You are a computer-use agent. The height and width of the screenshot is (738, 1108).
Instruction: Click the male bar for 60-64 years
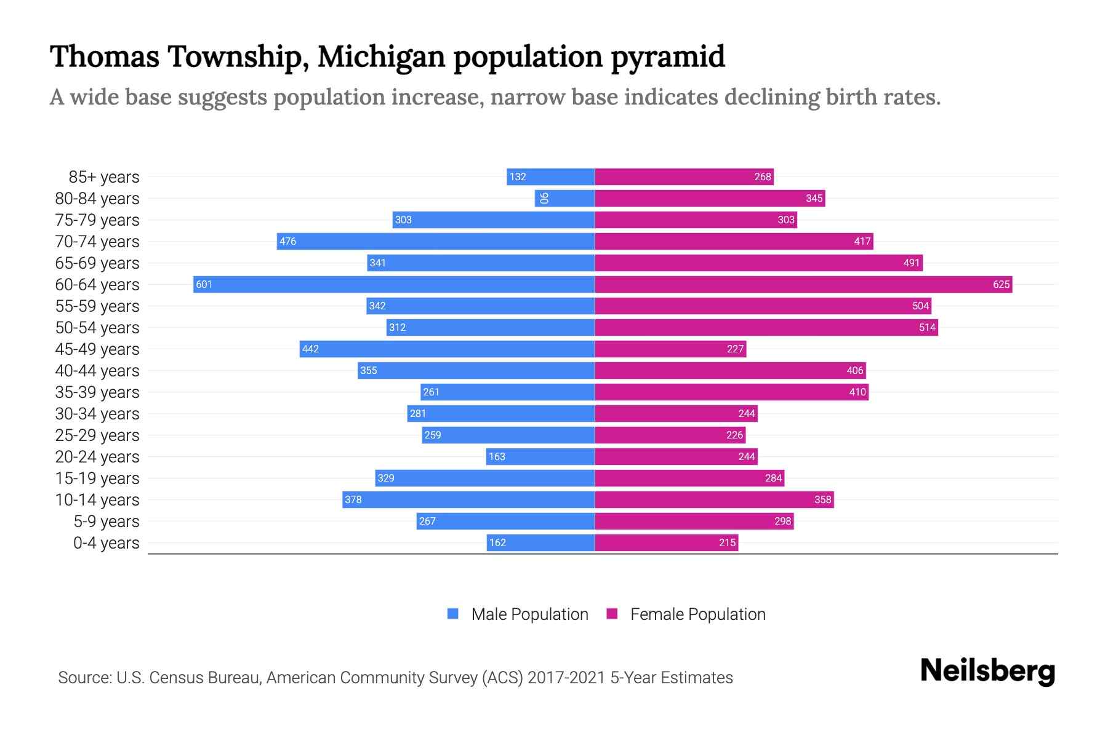click(x=394, y=284)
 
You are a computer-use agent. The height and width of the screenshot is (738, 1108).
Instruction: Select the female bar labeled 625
click(x=803, y=284)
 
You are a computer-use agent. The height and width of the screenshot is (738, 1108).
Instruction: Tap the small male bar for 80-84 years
click(x=564, y=198)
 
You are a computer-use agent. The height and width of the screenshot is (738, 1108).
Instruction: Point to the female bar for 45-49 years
click(x=670, y=349)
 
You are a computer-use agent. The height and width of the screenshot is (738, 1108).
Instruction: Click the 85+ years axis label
click(x=103, y=177)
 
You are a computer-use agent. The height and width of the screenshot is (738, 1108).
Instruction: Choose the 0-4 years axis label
click(x=106, y=543)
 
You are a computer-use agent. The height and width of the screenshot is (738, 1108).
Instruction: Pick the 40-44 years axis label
click(x=97, y=371)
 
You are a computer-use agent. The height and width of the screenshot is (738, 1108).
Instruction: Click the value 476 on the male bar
click(x=287, y=241)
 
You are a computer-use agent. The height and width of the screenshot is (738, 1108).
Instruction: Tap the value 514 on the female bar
click(x=927, y=327)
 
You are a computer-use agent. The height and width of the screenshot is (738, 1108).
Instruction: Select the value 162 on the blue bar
click(x=497, y=542)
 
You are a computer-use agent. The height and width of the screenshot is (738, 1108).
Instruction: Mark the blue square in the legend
click(x=453, y=614)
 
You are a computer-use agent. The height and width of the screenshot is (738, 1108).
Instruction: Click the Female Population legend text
click(x=697, y=614)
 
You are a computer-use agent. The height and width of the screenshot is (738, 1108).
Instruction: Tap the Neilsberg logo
click(x=987, y=671)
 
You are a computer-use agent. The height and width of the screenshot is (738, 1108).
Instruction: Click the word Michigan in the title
click(x=381, y=57)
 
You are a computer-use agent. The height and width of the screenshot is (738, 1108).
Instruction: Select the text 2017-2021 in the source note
click(x=566, y=678)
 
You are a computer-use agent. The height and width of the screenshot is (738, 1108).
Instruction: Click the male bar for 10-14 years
click(x=468, y=499)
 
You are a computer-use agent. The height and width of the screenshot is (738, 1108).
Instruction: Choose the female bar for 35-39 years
click(x=731, y=392)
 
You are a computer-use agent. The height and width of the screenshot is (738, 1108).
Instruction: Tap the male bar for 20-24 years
click(x=540, y=456)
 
